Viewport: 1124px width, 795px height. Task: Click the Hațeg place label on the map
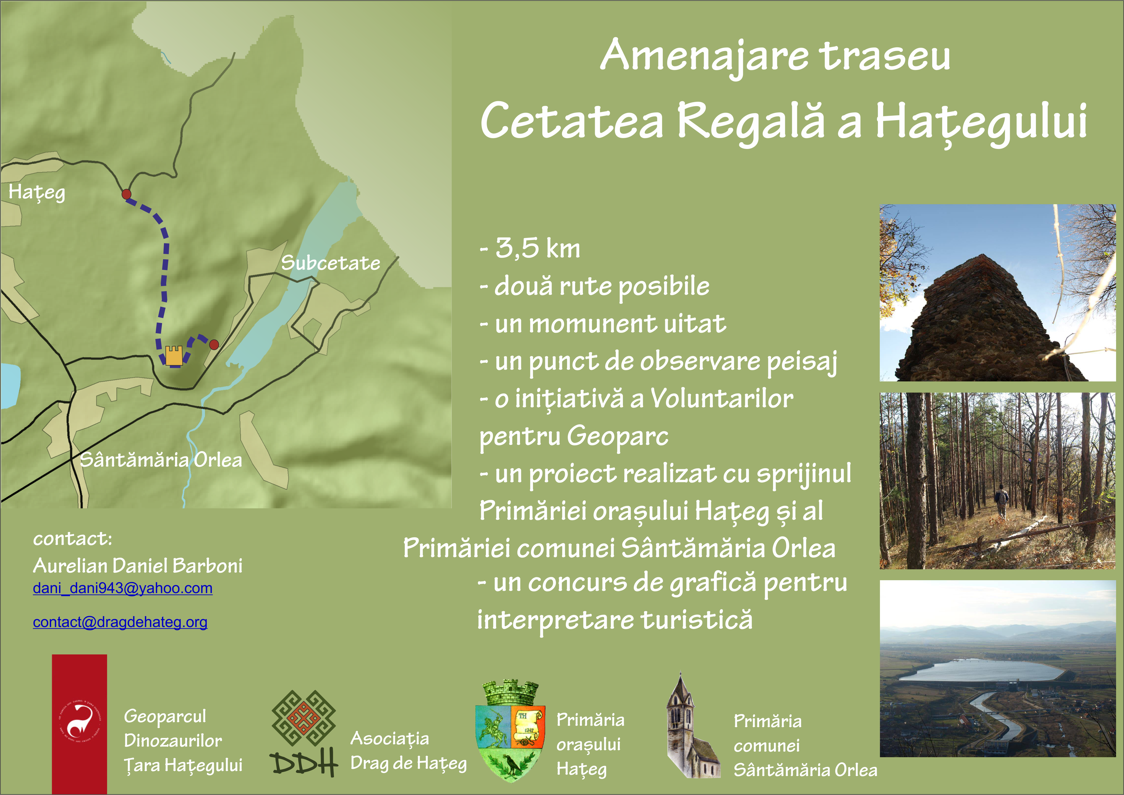pyautogui.click(x=37, y=192)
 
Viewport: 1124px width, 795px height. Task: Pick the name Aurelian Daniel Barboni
pyautogui.click(x=138, y=565)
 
